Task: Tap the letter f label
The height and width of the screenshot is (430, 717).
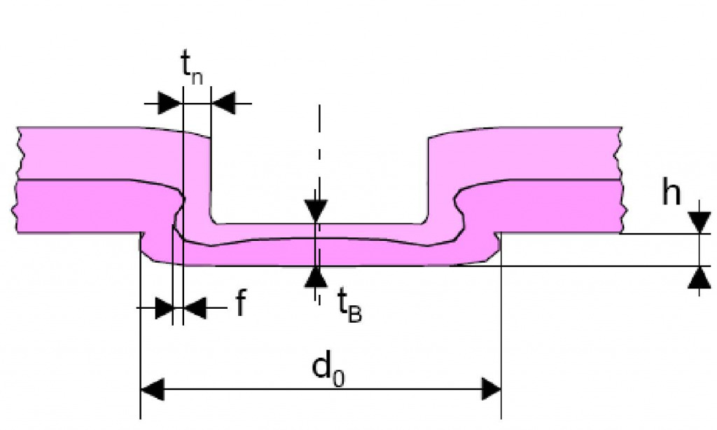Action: click(x=239, y=305)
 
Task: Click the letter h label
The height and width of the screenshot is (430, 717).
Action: click(x=671, y=194)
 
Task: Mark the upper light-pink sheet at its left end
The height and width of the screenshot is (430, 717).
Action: click(x=56, y=153)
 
